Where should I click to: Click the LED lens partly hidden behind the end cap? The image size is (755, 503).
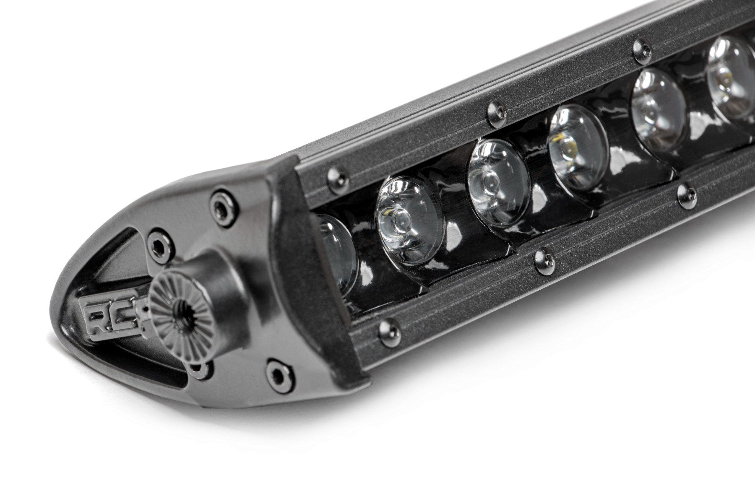coord(336,251)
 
